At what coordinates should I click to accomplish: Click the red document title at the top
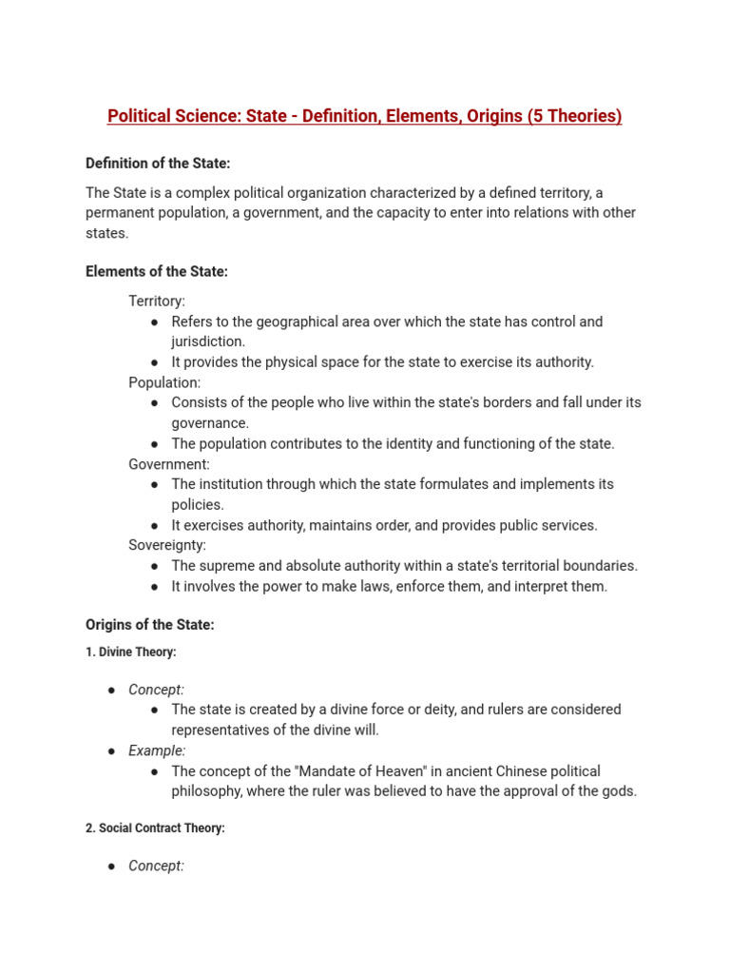click(x=364, y=116)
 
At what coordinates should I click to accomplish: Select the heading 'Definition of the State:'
click(x=158, y=164)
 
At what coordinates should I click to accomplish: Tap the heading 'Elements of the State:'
click(x=157, y=272)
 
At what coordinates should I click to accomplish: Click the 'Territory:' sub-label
click(x=157, y=302)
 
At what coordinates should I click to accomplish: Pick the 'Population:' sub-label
click(x=164, y=382)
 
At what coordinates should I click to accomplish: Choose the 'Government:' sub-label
click(x=169, y=464)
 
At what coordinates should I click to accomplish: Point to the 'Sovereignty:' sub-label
click(x=167, y=545)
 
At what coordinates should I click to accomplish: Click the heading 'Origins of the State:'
click(x=150, y=625)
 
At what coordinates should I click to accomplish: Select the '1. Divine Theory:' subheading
click(x=131, y=653)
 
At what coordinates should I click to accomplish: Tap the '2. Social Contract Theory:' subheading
click(x=155, y=828)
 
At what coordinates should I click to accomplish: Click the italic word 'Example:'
click(x=158, y=750)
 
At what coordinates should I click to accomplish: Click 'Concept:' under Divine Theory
click(x=157, y=690)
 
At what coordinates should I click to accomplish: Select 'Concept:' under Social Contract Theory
click(x=157, y=866)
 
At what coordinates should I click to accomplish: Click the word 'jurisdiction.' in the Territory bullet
click(x=208, y=341)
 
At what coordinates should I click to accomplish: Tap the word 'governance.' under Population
click(x=210, y=423)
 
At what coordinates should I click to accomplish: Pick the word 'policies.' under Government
click(x=198, y=505)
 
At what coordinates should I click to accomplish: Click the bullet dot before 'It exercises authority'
click(x=155, y=526)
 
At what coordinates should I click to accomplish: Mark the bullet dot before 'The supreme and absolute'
click(x=155, y=566)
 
